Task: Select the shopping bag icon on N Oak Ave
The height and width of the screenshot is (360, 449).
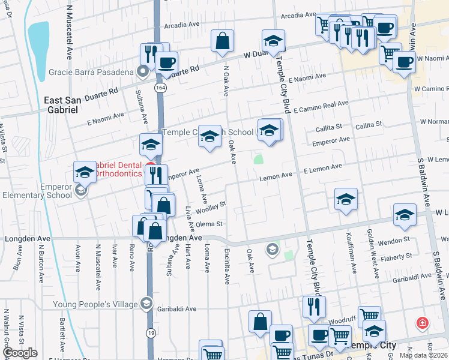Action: coord(222,42)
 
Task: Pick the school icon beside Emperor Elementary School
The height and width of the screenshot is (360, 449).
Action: coord(85,173)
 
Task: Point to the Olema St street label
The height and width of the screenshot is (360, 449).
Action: coord(210,224)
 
